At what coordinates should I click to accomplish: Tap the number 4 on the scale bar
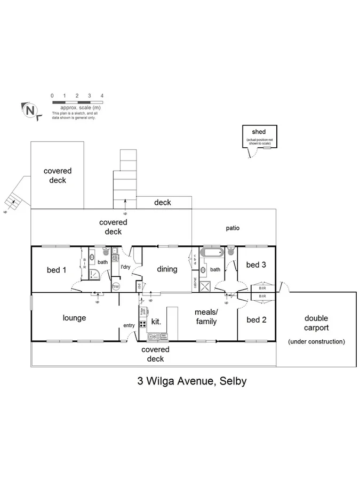102,95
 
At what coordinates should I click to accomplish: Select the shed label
259,132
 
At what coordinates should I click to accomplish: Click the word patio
232,228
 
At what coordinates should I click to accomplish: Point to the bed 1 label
57,270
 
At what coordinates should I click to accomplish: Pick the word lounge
74,318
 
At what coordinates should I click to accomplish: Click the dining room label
167,269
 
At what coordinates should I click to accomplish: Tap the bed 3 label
256,265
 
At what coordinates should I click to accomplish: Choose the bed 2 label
256,320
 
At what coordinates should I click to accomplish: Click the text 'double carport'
316,323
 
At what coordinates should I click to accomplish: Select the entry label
129,326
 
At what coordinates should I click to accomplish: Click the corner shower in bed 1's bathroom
93,275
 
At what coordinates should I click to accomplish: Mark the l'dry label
126,267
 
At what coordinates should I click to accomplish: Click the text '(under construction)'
316,341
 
